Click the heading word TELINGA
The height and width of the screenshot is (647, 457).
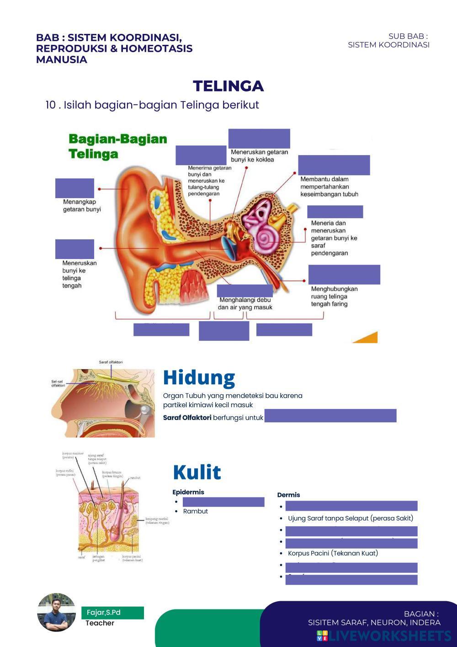coord(228,86)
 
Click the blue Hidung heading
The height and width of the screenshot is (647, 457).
coord(199,378)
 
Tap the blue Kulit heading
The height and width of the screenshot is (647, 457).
coord(197,473)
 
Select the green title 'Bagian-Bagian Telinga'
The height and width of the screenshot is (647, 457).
coord(117,146)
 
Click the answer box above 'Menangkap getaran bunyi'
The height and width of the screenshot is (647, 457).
coord(74,188)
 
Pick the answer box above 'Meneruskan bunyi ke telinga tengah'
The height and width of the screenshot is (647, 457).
coord(74,249)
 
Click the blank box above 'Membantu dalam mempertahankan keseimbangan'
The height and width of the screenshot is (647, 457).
coord(334,165)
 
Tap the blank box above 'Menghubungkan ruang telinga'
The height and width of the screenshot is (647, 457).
coord(344,275)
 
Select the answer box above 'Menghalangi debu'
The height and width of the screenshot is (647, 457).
coord(244,291)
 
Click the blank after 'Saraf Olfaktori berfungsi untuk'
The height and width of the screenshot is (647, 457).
coord(330,415)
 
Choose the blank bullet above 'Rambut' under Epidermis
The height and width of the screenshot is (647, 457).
coord(223,502)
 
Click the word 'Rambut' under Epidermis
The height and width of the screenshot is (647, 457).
coord(196,511)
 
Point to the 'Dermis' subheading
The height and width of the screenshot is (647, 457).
coord(288,495)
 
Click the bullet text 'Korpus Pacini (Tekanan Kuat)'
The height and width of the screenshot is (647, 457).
coord(333,553)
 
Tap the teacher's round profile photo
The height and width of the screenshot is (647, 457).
coord(56,613)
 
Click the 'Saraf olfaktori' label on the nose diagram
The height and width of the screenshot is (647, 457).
coord(111,362)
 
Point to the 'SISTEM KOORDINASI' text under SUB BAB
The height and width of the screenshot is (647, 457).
coord(388,45)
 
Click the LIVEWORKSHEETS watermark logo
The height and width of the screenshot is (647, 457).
coord(384,636)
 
